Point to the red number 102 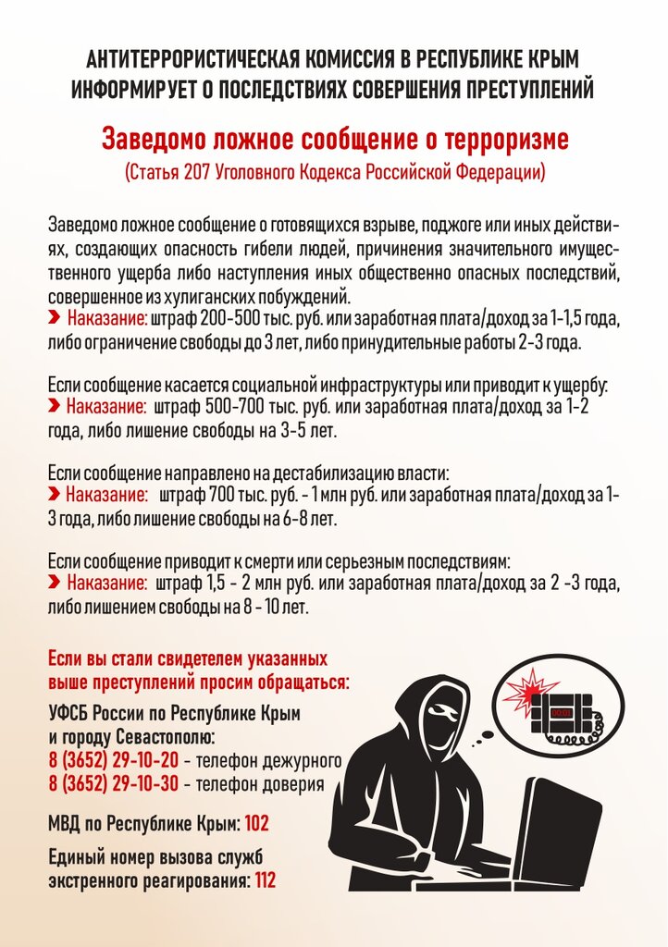click(257, 821)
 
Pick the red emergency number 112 click(265, 880)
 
